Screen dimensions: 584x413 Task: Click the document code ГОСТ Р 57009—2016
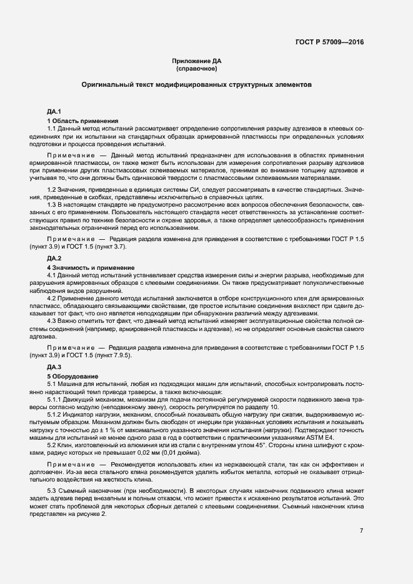pyautogui.click(x=329, y=42)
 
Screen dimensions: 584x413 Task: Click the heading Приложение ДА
pyautogui.click(x=197, y=61)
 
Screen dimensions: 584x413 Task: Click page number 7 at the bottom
pyautogui.click(x=361, y=531)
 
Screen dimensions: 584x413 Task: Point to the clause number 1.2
pyautogui.click(x=52, y=189)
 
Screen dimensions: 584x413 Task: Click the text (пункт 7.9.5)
pyautogui.click(x=108, y=355)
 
